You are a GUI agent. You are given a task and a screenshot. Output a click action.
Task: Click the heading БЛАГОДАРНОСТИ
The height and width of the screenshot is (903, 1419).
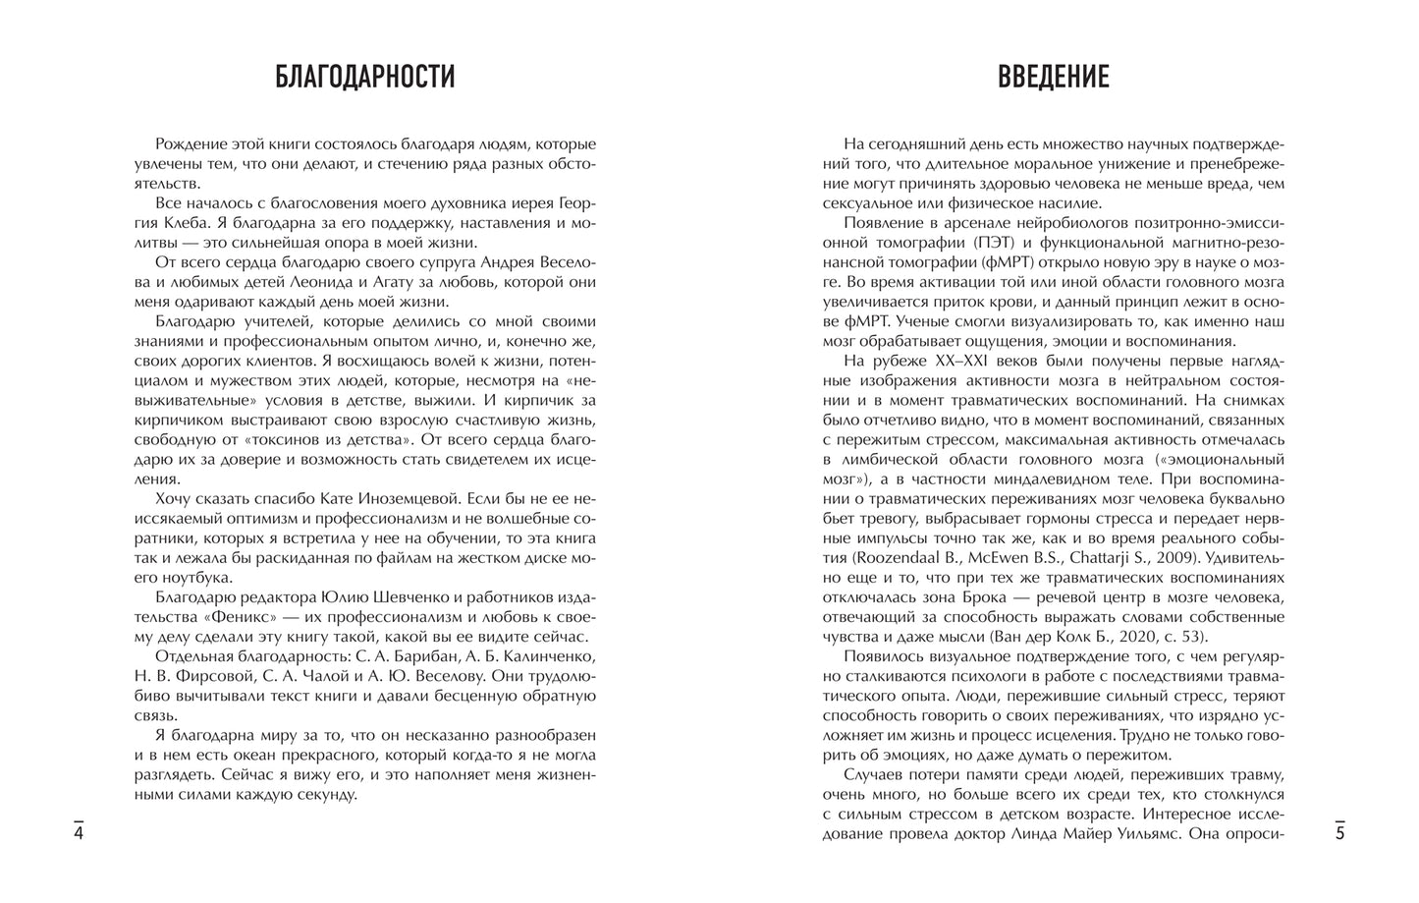click(x=363, y=76)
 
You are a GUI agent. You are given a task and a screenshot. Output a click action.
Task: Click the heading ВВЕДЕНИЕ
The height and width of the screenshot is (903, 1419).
click(x=1054, y=76)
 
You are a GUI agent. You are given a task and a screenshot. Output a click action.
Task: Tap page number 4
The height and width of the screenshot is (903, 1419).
click(x=79, y=833)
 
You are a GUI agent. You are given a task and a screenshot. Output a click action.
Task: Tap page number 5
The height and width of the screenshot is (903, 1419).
click(x=1339, y=833)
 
